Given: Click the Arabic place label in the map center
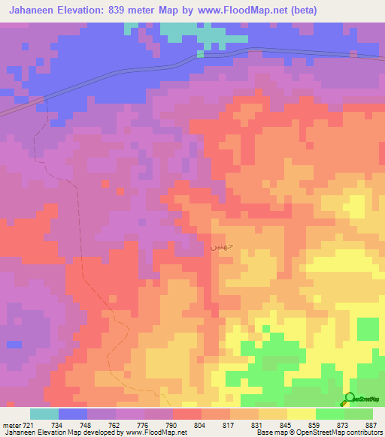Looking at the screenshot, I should pyautogui.click(x=217, y=246).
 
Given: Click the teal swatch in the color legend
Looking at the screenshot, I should pyautogui.click(x=44, y=414).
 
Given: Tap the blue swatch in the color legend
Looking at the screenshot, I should pyautogui.click(x=73, y=414).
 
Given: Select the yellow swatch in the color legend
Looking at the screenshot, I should pyautogui.click(x=301, y=414).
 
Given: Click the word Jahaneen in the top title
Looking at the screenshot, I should pyautogui.click(x=35, y=10).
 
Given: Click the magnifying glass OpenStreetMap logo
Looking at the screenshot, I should pyautogui.click(x=351, y=398).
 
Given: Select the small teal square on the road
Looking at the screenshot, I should pyautogui.click(x=200, y=53).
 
